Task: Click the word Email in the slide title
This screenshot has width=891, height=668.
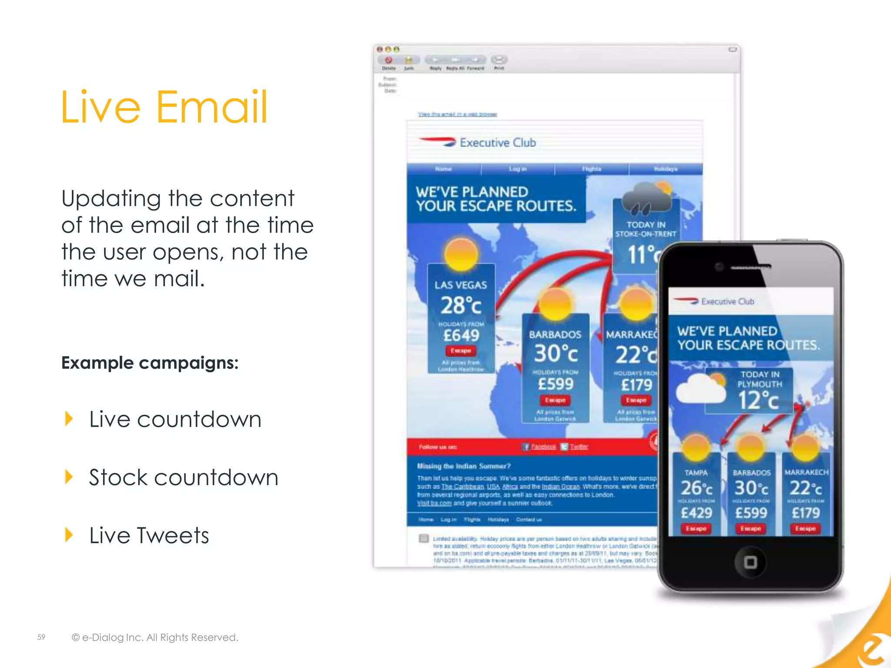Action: pyautogui.click(x=212, y=107)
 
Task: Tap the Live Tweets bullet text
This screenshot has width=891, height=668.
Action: pyautogui.click(x=149, y=535)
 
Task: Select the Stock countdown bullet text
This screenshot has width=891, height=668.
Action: pyautogui.click(x=183, y=478)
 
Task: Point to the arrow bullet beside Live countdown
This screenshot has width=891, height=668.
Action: pyautogui.click(x=69, y=419)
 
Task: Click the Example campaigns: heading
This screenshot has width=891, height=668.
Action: pyautogui.click(x=150, y=363)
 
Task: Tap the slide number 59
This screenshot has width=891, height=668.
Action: pyautogui.click(x=41, y=637)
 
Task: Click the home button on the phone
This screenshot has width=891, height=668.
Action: pyautogui.click(x=750, y=562)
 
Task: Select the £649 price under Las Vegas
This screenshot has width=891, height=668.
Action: pyautogui.click(x=461, y=335)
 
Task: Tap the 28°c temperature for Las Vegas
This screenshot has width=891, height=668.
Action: pyautogui.click(x=461, y=305)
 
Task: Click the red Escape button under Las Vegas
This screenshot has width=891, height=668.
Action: pyautogui.click(x=461, y=351)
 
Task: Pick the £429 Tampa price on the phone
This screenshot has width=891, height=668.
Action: pyautogui.click(x=697, y=513)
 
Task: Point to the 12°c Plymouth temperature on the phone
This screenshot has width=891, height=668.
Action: pyautogui.click(x=758, y=400)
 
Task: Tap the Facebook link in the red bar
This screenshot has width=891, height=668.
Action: pyautogui.click(x=543, y=447)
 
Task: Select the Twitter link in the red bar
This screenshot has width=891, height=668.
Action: pyautogui.click(x=579, y=447)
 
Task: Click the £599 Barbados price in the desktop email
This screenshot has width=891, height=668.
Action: pyautogui.click(x=556, y=384)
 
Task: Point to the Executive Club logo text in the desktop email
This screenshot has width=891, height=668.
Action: pyautogui.click(x=498, y=143)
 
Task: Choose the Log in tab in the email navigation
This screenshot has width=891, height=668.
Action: pyautogui.click(x=518, y=169)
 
